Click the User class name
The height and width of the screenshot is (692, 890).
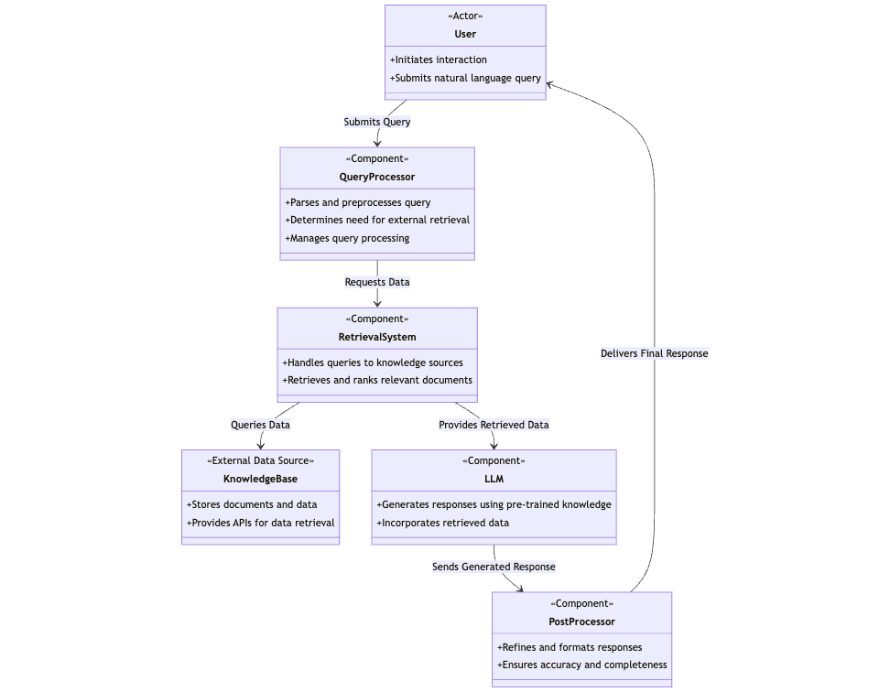click(465, 34)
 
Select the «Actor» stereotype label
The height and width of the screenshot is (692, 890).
click(465, 16)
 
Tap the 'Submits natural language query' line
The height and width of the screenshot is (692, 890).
click(465, 78)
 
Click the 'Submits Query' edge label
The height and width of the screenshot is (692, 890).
click(377, 122)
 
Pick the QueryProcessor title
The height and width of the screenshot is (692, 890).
click(377, 177)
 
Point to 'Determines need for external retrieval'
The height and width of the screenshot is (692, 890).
click(377, 220)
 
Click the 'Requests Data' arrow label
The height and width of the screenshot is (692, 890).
click(377, 282)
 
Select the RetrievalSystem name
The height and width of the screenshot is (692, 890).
click(377, 337)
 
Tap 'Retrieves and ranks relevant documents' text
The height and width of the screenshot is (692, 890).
click(377, 380)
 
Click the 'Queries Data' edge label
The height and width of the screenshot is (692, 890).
click(260, 425)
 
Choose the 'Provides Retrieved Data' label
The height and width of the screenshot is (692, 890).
click(494, 425)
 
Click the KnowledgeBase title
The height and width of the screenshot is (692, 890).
click(260, 479)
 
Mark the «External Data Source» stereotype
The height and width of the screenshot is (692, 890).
click(260, 460)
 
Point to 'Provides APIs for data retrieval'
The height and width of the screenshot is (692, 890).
click(260, 523)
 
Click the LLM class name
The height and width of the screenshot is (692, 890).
click(494, 479)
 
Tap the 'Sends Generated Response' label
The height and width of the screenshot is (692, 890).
click(494, 567)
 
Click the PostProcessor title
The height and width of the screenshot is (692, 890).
click(581, 622)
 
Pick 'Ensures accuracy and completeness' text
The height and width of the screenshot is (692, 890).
click(581, 665)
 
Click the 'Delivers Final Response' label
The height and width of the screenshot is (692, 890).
click(654, 353)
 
